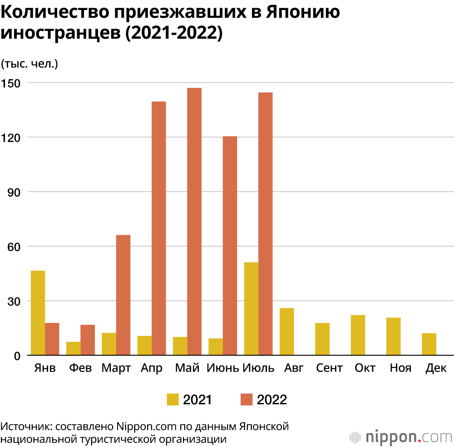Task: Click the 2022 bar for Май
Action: tap(194, 221)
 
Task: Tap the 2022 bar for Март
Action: tap(123, 295)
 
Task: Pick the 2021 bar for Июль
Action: tap(251, 308)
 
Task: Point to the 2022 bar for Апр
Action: tap(158, 228)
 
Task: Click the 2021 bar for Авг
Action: tap(286, 332)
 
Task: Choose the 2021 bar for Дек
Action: tap(429, 344)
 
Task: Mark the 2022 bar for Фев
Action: tap(88, 340)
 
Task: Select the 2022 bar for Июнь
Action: tap(230, 245)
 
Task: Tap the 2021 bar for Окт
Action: tap(358, 335)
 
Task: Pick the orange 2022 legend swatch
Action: tap(246, 399)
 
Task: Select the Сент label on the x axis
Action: tap(329, 368)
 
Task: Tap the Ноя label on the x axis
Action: tap(400, 368)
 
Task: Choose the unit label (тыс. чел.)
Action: tap(30, 64)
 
